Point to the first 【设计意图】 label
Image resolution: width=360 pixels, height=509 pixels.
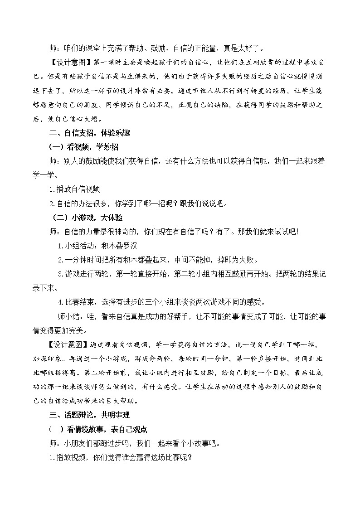click(67, 61)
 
